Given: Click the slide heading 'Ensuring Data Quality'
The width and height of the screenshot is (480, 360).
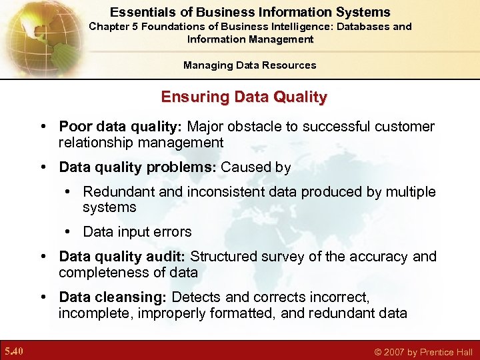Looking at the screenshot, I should (244, 97).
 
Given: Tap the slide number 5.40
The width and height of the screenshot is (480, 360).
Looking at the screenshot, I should (13, 351).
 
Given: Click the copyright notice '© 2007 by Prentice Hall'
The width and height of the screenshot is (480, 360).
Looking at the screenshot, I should (423, 352).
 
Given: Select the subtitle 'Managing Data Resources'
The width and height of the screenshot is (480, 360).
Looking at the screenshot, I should (250, 65).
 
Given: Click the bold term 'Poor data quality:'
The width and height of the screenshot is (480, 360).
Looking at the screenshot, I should (121, 127).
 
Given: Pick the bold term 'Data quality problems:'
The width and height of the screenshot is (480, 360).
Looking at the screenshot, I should (137, 167).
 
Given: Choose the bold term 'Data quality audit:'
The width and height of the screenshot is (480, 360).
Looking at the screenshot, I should (123, 257).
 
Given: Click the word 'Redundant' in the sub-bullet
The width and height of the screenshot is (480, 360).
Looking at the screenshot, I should (115, 192).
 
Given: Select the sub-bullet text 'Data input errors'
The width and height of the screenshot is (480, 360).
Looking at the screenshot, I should (137, 232).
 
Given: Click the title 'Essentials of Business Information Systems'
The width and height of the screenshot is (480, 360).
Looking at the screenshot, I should (250, 12).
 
